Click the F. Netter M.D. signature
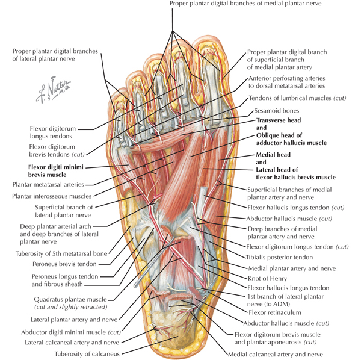click(x=53, y=90)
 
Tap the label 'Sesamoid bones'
click(x=277, y=111)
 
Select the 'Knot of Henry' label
click(x=267, y=279)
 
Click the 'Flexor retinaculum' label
click(x=275, y=312)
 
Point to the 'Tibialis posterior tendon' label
click(x=280, y=257)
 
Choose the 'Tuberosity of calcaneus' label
click(x=87, y=354)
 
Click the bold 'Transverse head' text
click(x=279, y=120)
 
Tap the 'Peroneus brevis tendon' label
click(x=64, y=264)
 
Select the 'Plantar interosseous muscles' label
click(x=52, y=196)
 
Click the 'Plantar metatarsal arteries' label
click(x=48, y=184)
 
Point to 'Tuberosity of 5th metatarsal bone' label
click(x=61, y=254)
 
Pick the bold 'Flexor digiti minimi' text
click(x=56, y=167)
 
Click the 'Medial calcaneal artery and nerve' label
click(x=276, y=354)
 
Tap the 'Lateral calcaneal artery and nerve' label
click(x=72, y=343)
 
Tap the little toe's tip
click(x=118, y=92)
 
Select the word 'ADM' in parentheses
click(x=280, y=304)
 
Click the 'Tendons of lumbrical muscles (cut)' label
click(x=297, y=98)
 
